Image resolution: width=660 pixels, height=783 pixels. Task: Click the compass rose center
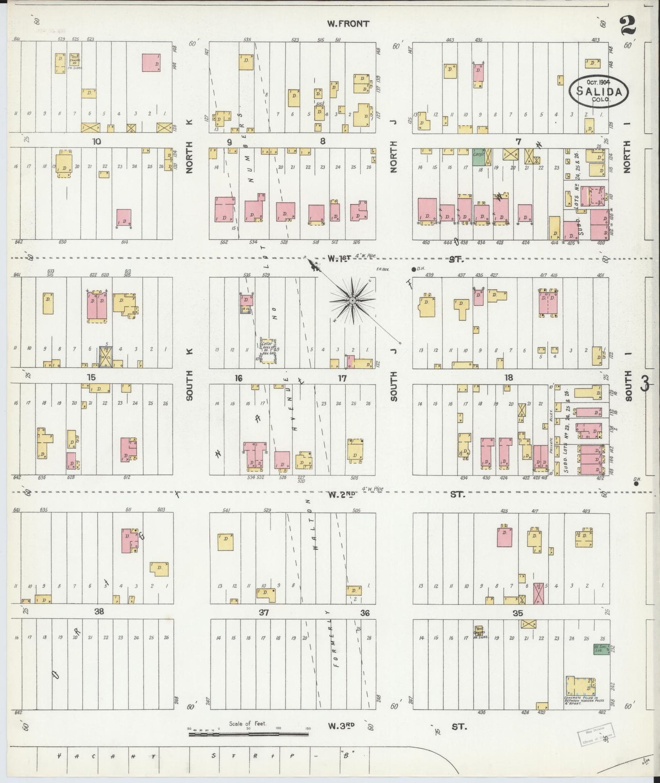click(x=353, y=301)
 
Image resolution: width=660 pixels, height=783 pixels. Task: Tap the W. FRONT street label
click(x=348, y=24)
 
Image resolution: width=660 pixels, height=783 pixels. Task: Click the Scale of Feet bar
click(x=248, y=734)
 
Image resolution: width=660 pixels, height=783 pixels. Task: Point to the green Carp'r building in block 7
click(x=479, y=156)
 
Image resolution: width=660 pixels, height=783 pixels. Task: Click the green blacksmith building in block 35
click(x=601, y=650)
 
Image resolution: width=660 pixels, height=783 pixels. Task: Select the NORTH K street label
click(x=190, y=157)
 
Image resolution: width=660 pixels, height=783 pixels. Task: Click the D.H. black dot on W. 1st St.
click(x=414, y=269)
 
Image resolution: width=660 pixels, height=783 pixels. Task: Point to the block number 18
click(x=508, y=377)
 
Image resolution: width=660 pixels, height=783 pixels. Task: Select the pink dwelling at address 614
click(x=124, y=217)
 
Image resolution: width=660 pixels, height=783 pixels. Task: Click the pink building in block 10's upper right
click(x=151, y=62)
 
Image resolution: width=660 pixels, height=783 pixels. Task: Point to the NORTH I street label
click(x=626, y=156)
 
